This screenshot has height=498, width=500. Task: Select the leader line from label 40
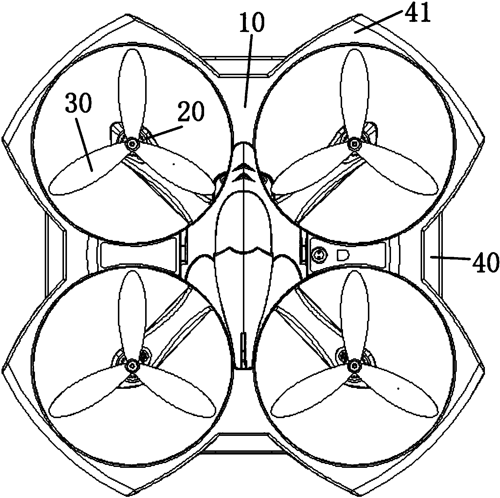pyautogui.click(x=450, y=258)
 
